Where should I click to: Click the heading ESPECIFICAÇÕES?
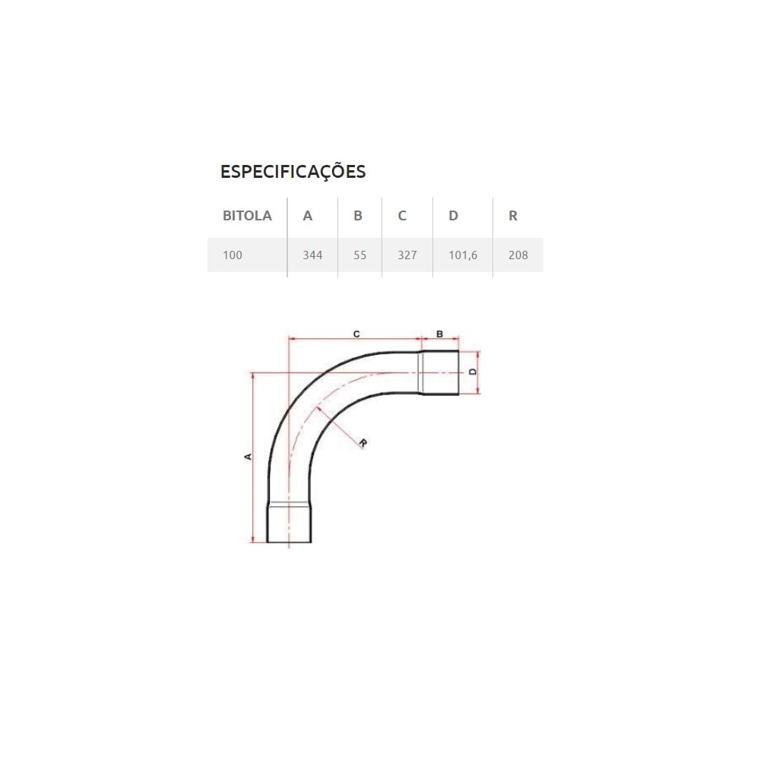[x=293, y=172]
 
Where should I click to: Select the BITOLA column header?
[x=247, y=216]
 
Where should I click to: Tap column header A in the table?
[x=308, y=216]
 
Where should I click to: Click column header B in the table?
[x=358, y=216]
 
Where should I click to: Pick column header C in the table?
[x=402, y=216]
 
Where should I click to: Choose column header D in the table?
[x=453, y=216]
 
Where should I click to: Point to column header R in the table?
[x=513, y=216]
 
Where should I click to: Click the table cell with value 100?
[x=233, y=255]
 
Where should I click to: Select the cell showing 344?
[x=312, y=255]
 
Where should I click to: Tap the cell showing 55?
[x=360, y=255]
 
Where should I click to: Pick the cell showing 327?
[x=407, y=255]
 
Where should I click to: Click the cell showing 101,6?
[x=463, y=255]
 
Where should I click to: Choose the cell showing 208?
[x=518, y=255]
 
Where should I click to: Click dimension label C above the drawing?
[x=356, y=334]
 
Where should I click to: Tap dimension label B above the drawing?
[x=439, y=334]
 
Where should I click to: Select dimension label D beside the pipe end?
[x=471, y=372]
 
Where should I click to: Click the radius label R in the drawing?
[x=363, y=443]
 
